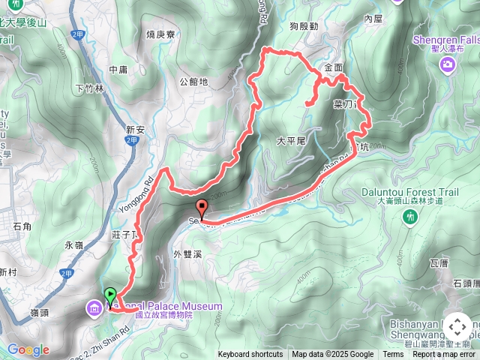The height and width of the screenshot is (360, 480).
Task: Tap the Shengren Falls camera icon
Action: pyautogui.click(x=448, y=66)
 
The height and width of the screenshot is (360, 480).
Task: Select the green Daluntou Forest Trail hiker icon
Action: pyautogui.click(x=409, y=217)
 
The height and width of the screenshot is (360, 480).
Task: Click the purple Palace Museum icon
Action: pyautogui.click(x=94, y=307)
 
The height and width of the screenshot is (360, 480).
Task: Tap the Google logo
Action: pyautogui.click(x=28, y=349)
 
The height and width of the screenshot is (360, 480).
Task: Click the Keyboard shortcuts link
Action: pyautogui.click(x=250, y=355)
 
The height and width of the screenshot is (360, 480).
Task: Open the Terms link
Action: pyautogui.click(x=393, y=355)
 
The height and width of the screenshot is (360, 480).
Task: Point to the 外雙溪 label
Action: pyautogui.click(x=187, y=253)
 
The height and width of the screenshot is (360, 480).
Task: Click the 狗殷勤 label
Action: pyautogui.click(x=304, y=26)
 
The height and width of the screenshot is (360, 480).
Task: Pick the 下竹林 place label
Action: pyautogui.click(x=90, y=88)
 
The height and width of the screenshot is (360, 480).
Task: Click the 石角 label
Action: pyautogui.click(x=22, y=224)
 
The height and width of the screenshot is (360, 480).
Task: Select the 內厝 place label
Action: pyautogui.click(x=373, y=17)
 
